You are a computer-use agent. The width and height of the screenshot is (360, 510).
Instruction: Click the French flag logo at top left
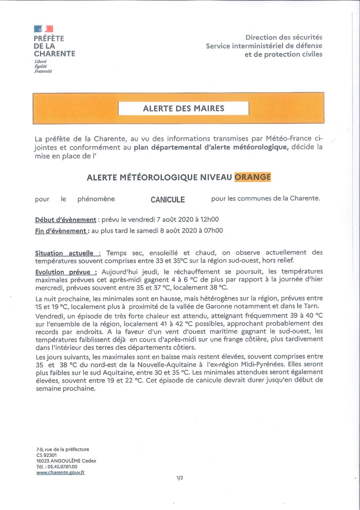[43, 29]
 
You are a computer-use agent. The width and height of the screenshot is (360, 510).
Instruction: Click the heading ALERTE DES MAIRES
[183, 109]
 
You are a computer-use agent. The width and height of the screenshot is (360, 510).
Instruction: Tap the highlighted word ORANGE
[252, 177]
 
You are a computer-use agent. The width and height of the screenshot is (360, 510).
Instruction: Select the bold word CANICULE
[168, 200]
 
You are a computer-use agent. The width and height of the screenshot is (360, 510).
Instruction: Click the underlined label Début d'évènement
[66, 220]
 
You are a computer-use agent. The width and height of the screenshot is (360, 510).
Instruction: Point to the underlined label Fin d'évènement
[61, 231]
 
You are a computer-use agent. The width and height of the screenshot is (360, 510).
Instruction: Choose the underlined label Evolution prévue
[66, 272]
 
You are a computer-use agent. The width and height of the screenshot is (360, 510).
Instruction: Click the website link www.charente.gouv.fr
[60, 472]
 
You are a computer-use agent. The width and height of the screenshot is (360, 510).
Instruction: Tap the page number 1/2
[180, 478]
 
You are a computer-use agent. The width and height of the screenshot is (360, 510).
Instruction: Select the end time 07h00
[214, 230]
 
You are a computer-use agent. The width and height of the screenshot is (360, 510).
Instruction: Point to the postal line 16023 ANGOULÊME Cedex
[66, 461]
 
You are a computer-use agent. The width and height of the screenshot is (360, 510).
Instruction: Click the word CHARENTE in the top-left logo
[54, 54]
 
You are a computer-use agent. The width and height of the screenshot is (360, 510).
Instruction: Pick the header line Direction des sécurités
[284, 37]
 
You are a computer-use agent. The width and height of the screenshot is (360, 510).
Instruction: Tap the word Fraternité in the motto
[43, 71]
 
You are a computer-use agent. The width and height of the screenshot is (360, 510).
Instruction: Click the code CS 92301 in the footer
[46, 455]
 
